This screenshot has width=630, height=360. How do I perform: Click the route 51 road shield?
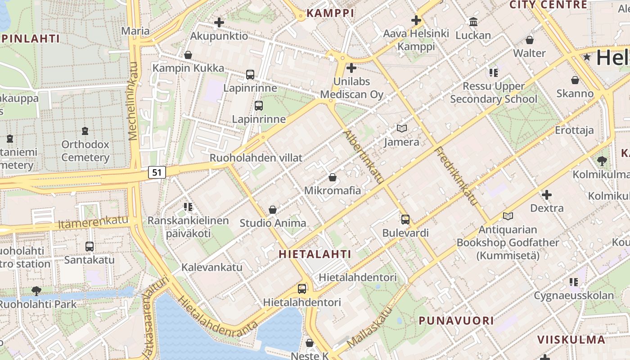tap(157, 172)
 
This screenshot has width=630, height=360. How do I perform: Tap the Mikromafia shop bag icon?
tap(333, 177)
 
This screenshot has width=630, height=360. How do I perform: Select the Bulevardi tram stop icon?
tap(405, 220)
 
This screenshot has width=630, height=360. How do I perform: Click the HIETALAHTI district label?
tap(315, 254)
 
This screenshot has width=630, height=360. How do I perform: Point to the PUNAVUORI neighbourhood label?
tap(456, 321)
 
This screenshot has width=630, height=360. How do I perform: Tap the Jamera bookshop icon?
tap(402, 129)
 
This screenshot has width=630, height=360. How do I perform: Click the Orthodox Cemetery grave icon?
tap(85, 131)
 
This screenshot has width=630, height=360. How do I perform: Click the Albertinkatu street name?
tap(363, 157)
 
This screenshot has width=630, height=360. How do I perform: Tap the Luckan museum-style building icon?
tap(473, 22)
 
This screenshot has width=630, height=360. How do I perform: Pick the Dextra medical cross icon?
tap(547, 195)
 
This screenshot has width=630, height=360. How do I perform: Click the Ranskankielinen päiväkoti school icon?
tap(188, 207)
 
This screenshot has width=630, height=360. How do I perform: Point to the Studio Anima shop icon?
tap(272, 210)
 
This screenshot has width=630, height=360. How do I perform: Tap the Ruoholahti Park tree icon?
tap(36, 291)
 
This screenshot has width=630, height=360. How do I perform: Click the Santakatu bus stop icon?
tap(90, 247)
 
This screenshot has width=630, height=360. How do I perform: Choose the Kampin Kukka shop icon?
tap(188, 55)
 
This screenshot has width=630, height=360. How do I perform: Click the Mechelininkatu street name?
tap(133, 101)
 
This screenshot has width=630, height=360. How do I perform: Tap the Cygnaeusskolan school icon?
tap(574, 282)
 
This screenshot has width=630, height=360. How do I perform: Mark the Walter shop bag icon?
tap(530, 40)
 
